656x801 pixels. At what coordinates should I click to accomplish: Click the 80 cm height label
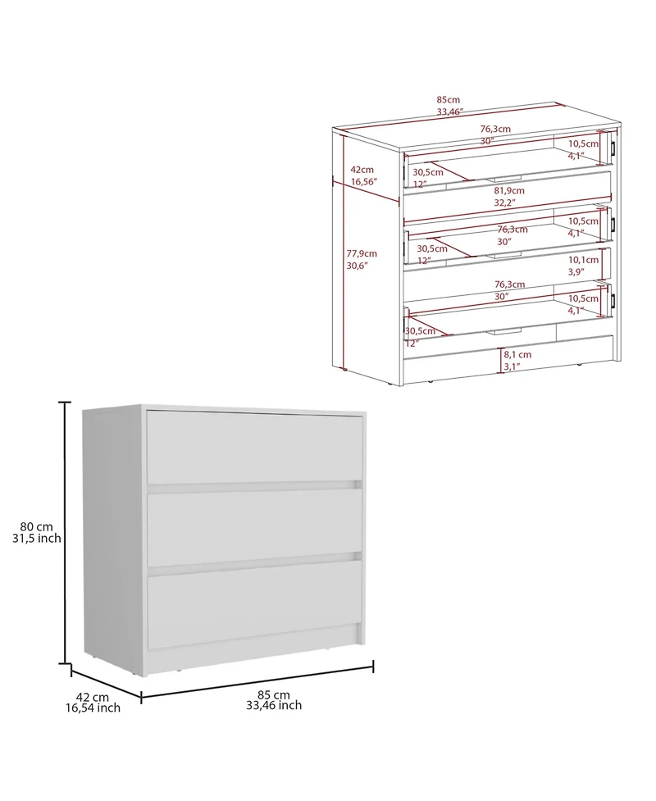click(x=38, y=526)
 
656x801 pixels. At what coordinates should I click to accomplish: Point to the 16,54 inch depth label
click(x=93, y=708)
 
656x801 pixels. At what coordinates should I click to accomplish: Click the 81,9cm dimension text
click(x=508, y=190)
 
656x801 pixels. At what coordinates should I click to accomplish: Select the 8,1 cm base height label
click(x=518, y=354)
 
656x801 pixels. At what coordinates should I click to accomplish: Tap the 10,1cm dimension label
click(x=584, y=259)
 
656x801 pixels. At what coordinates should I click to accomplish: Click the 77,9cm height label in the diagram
click(x=362, y=253)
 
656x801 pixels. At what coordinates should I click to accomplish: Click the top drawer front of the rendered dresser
click(x=254, y=448)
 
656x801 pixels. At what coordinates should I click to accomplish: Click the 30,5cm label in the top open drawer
click(x=428, y=172)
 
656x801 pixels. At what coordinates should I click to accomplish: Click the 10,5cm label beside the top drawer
click(x=584, y=143)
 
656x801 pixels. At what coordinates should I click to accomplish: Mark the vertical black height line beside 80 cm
click(x=64, y=533)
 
